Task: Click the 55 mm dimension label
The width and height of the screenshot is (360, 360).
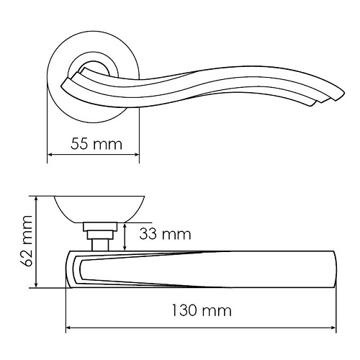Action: coord(96,143)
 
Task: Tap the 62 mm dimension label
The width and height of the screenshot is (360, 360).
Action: coord(27,240)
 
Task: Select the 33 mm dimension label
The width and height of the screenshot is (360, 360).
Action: coord(165,234)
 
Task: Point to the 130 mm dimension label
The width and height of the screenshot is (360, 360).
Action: coord(202,310)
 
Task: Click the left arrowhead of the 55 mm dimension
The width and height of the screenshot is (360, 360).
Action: coord(50,155)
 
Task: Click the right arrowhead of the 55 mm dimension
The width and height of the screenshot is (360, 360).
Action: coord(137,155)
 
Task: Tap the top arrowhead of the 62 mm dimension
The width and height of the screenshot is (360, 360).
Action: coord(36,199)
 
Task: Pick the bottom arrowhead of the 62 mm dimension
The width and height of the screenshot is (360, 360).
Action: coord(36,284)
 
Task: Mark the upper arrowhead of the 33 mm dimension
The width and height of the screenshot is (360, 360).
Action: coord(125,225)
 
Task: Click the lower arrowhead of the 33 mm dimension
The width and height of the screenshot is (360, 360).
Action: coord(125,248)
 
